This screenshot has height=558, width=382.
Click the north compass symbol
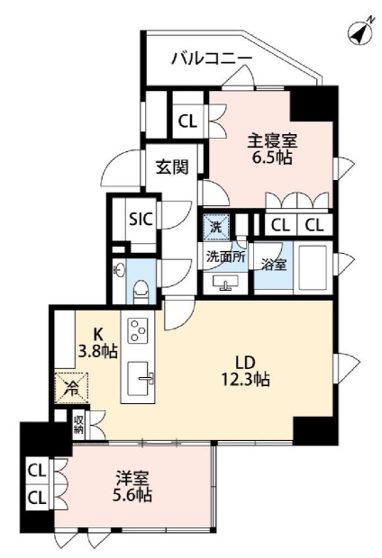click(360, 33)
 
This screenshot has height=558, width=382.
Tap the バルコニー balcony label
click(212, 59)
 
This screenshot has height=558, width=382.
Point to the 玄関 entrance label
click(171, 168)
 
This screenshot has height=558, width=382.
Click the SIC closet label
click(139, 219)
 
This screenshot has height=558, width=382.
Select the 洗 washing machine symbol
click(215, 227)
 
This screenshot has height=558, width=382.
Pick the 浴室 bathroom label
click(273, 265)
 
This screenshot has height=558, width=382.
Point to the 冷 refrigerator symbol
click(70, 391)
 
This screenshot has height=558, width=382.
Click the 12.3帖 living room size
click(248, 379)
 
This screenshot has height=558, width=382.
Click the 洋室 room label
click(132, 478)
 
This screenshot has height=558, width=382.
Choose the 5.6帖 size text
click(132, 495)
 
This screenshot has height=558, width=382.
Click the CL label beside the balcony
click(187, 121)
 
